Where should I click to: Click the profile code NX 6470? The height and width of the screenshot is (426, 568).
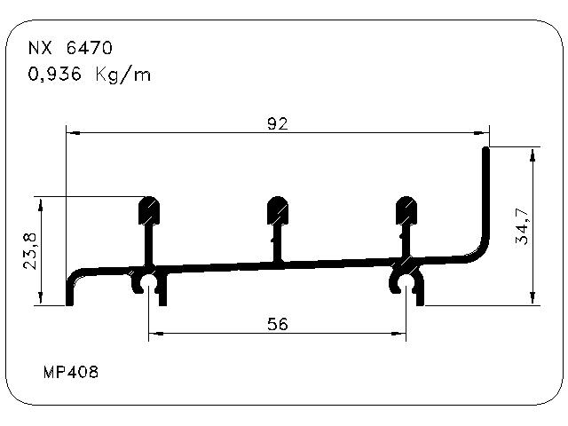tap(70, 48)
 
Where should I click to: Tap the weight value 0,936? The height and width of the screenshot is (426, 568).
tap(55, 75)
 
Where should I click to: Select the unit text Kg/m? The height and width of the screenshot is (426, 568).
tap(123, 75)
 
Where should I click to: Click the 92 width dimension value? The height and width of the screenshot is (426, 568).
tap(278, 124)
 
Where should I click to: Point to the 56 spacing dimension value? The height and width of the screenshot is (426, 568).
tap(278, 324)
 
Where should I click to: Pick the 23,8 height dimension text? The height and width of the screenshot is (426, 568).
tap(29, 251)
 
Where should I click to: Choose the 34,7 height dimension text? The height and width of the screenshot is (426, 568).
tap(522, 227)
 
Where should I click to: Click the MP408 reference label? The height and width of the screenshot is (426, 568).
tap(71, 372)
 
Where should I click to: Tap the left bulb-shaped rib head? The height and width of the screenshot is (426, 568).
tap(149, 210)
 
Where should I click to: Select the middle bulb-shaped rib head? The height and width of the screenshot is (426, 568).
tap(278, 210)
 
